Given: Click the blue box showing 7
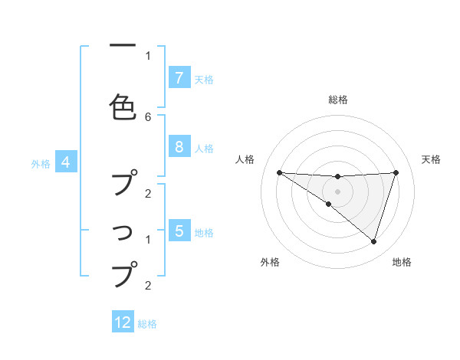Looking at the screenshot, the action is (x=179, y=77).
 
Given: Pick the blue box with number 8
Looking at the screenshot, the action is (x=179, y=147).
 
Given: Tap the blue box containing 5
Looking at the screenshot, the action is (x=179, y=231).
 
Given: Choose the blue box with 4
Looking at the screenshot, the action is (x=66, y=162).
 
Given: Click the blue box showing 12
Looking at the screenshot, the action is (x=123, y=322).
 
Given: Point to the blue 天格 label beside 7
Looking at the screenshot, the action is (x=204, y=79).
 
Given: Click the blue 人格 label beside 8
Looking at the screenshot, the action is (x=204, y=149).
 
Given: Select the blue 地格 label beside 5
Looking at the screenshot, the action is (x=204, y=232).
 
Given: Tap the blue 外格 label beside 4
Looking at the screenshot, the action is (x=41, y=164).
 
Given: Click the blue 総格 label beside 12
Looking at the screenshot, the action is (x=147, y=324).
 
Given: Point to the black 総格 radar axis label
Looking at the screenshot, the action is (x=337, y=100).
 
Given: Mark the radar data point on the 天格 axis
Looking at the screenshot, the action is (x=396, y=172).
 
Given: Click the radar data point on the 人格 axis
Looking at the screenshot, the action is (x=279, y=172).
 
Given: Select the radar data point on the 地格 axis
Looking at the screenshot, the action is (x=373, y=241).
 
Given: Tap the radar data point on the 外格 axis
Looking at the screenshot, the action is (x=328, y=205).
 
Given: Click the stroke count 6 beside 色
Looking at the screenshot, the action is (x=148, y=116).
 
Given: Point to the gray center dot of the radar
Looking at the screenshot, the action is (x=337, y=191).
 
